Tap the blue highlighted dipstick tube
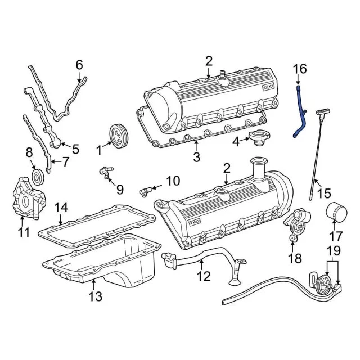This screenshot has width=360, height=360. (301, 113)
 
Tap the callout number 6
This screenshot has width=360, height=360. (79, 65)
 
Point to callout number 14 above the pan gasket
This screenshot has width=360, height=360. (60, 209)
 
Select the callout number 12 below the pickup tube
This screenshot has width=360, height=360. (203, 276)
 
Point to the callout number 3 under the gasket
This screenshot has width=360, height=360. (196, 158)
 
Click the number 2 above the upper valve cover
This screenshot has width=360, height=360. (209, 61)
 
